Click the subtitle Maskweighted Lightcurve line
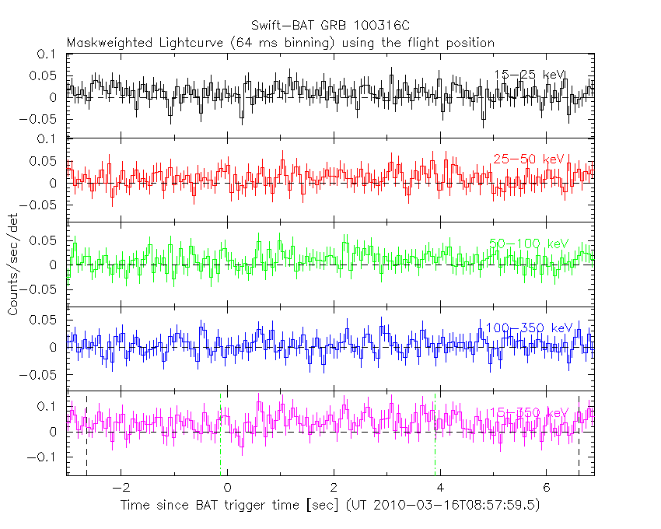tap(281, 42)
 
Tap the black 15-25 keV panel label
tap(530, 75)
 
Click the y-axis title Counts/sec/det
tap(13, 264)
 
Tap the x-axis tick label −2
tap(117, 489)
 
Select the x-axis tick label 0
tap(227, 489)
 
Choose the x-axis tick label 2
tap(334, 489)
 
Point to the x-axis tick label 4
tap(440, 489)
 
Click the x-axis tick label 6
tap(547, 489)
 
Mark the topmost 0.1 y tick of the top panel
tap(46, 54)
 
